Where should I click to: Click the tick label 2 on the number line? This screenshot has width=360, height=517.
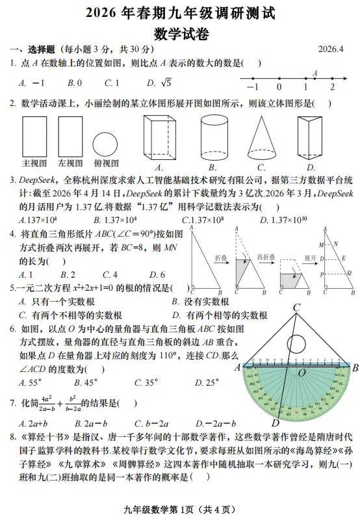[x=331, y=87]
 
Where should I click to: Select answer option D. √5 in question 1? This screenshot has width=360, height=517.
[x=159, y=83]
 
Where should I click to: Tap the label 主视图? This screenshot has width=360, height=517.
[x=34, y=163]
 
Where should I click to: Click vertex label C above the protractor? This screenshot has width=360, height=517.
[x=296, y=308]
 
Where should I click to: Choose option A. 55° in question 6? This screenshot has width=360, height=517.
[x=31, y=383]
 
